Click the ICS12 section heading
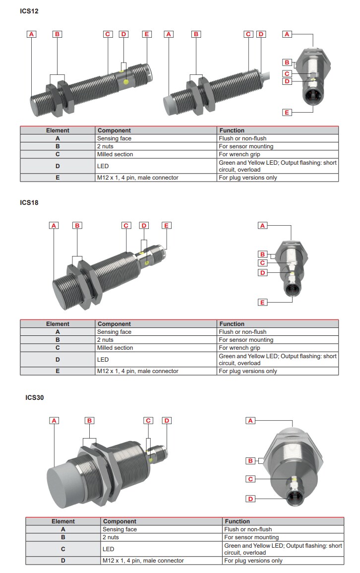pyautogui.click(x=29, y=11)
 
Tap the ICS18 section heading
pyautogui.click(x=29, y=202)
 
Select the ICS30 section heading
pyautogui.click(x=35, y=397)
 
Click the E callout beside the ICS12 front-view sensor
pyautogui.click(x=287, y=113)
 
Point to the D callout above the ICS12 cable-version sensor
pyautogui.click(x=261, y=34)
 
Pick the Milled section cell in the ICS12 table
pyautogui.click(x=115, y=154)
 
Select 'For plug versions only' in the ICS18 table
pyautogui.click(x=247, y=371)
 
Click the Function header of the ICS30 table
pyautogui.click(x=237, y=521)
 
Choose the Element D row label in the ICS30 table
pyautogui.click(x=63, y=561)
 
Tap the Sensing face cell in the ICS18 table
pyautogui.click(x=114, y=332)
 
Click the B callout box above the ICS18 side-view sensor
pyautogui.click(x=77, y=225)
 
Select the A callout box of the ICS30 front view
pyautogui.click(x=251, y=421)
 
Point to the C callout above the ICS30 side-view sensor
pyautogui.click(x=148, y=421)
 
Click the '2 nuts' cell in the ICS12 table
pyautogui.click(x=105, y=146)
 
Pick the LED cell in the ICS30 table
pyautogui.click(x=108, y=549)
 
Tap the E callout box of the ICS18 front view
pyautogui.click(x=263, y=302)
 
